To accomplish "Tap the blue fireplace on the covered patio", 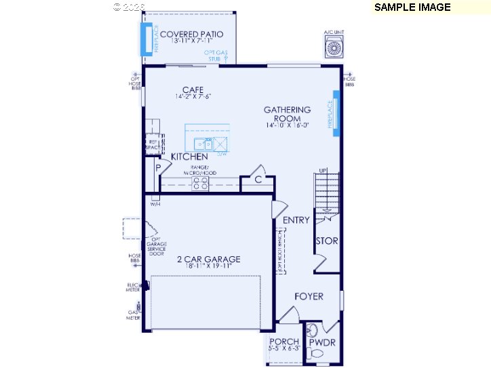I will pos(146,39).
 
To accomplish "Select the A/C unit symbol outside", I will pos(334,47).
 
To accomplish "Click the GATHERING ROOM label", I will pos(288,114).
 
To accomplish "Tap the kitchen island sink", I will pos(203,144).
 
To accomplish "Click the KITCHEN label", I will pos(189,157).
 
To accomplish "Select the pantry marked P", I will pos(158,167).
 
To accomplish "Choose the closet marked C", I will pos(258,180).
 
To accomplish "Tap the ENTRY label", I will pos(296,220).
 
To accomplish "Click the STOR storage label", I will pos(326,241).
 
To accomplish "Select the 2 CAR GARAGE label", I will pos(209,260).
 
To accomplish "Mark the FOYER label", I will pos(309,296).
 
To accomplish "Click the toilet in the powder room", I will pos(313,331).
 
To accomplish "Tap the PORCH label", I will pos(284,342).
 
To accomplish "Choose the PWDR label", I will pos(322,343).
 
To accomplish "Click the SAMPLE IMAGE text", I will pos(412,7).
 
